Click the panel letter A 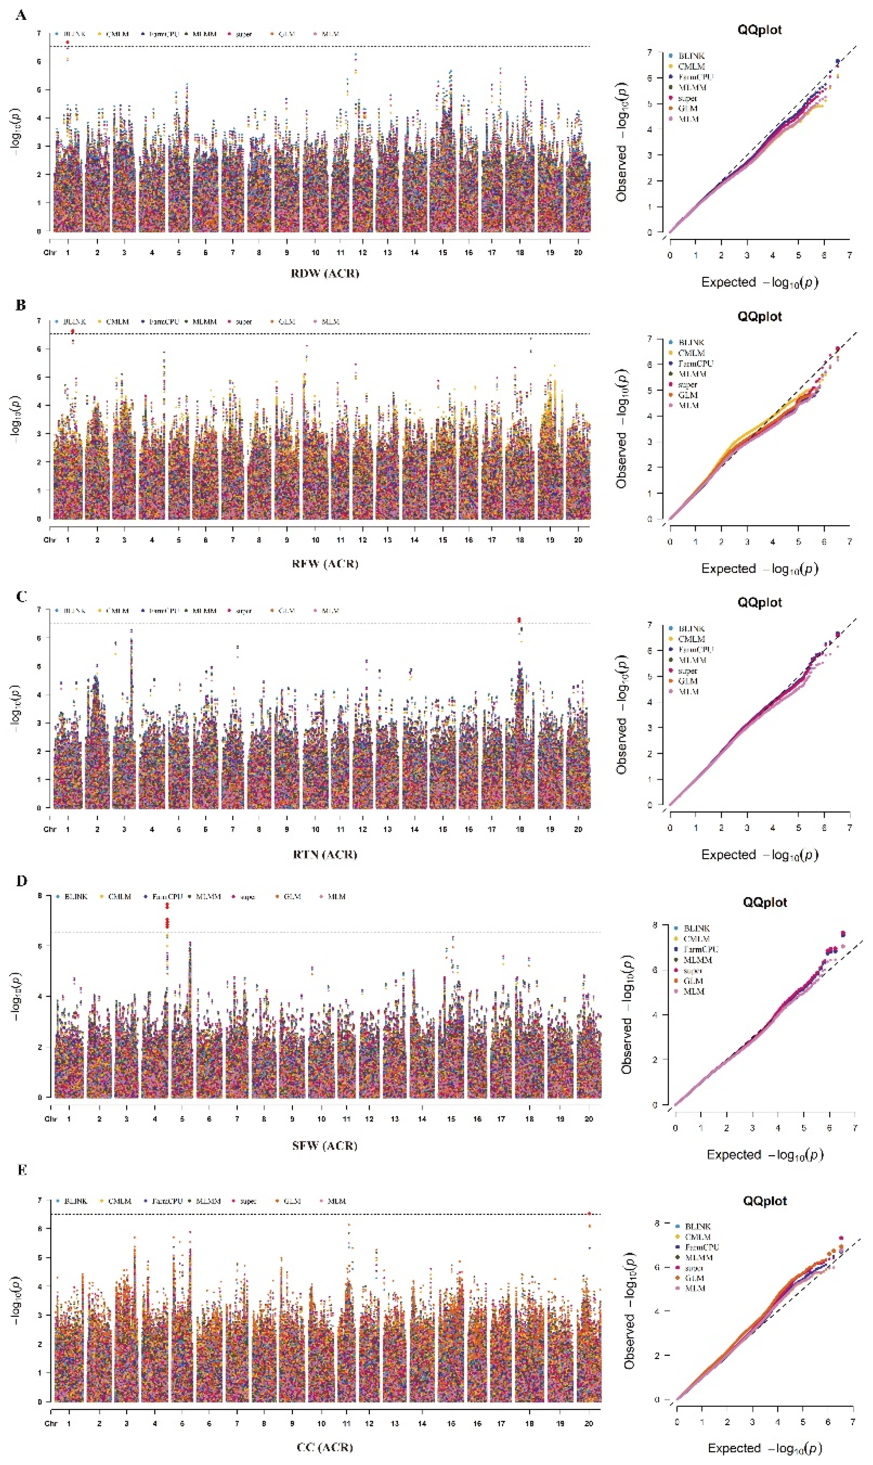click(x=21, y=15)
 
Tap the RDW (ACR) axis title click(x=325, y=273)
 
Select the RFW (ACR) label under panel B click(x=325, y=563)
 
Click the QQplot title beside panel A click(x=760, y=29)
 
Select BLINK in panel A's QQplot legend click(x=691, y=56)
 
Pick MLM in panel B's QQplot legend click(x=688, y=405)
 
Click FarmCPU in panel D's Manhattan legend click(x=167, y=897)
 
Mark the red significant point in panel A click(x=68, y=42)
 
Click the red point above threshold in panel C click(x=519, y=620)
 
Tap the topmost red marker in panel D click(x=168, y=906)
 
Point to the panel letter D click(x=22, y=881)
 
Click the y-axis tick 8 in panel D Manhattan click(x=40, y=896)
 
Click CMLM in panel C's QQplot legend click(x=691, y=639)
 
